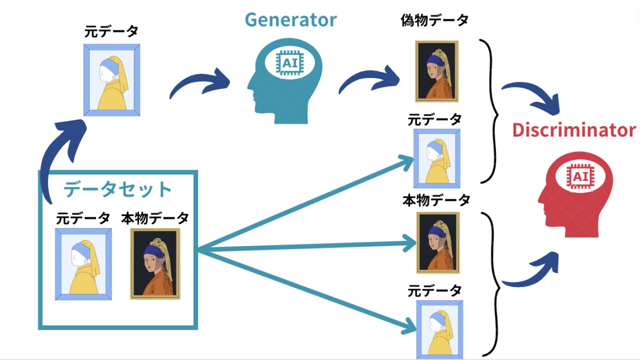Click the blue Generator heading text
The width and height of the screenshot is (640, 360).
click(x=290, y=20)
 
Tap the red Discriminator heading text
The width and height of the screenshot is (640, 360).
click(x=573, y=130)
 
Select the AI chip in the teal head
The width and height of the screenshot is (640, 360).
click(x=289, y=63)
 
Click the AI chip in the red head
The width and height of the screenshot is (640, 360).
click(x=579, y=176)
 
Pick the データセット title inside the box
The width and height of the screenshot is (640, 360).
click(x=118, y=190)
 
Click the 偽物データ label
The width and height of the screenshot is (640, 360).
click(x=434, y=21)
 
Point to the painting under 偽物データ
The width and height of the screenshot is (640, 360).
click(x=437, y=71)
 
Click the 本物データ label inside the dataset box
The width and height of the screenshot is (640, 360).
click(x=155, y=218)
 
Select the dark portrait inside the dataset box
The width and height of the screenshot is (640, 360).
click(x=155, y=264)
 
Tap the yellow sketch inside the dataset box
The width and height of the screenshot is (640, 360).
click(x=83, y=264)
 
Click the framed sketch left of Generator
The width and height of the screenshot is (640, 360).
click(x=111, y=80)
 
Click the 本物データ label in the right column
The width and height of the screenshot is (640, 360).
click(x=436, y=200)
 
